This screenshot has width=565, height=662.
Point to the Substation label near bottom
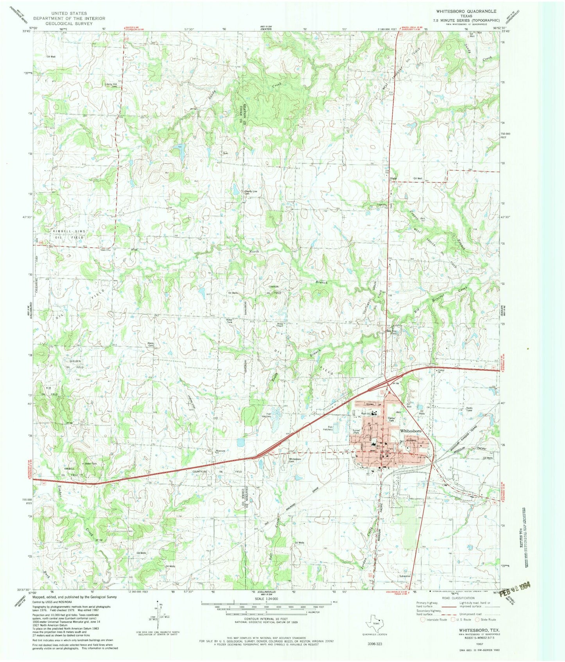point(405,576)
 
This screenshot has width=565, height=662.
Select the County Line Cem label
point(251,192)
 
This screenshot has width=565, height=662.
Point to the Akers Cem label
point(150,344)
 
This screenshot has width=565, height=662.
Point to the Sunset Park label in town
point(356,432)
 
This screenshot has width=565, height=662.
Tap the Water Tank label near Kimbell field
point(91,464)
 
